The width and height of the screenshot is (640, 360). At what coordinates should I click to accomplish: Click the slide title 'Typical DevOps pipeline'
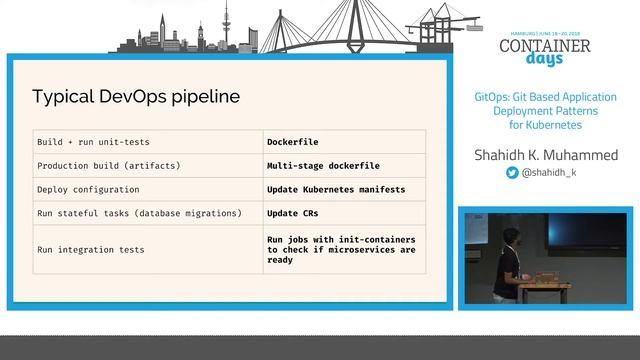pos(136,97)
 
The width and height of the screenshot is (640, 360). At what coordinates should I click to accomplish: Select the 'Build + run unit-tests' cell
pos(93,142)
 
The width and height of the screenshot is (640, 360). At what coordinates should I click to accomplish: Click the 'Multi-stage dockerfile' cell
pos(323,165)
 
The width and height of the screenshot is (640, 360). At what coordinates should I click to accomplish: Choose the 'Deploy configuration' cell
pos(88,189)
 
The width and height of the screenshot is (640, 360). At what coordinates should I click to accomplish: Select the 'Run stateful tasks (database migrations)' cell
pos(139,213)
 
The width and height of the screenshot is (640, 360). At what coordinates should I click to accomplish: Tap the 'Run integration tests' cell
pos(90,250)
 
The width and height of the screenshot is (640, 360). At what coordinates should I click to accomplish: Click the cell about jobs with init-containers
pos(341,250)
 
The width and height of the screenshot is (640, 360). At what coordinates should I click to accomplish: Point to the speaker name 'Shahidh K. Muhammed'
pos(545,155)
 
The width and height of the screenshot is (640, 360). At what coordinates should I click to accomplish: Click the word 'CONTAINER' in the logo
pos(544,45)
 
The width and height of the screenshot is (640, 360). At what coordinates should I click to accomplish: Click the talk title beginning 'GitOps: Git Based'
pos(545,111)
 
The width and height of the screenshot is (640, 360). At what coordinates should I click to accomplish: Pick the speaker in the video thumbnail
pos(511,262)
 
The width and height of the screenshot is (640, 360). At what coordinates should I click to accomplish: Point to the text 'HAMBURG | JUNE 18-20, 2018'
pos(544,32)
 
